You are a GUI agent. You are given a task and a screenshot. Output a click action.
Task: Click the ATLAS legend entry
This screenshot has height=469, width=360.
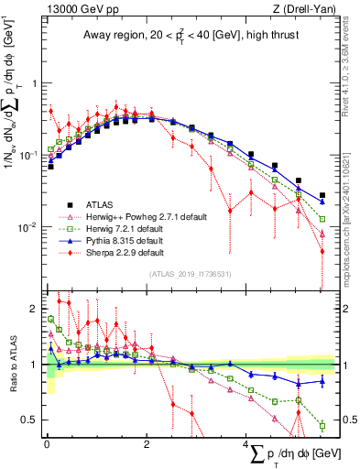pyautogui.click(x=101, y=204)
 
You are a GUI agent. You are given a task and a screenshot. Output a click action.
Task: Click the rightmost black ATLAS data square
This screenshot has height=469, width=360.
pyautogui.click(x=322, y=195)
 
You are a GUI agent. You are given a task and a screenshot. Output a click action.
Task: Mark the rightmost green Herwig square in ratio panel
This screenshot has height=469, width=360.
pyautogui.click(x=322, y=425)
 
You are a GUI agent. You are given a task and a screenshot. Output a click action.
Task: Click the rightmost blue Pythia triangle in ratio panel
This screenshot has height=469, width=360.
pyautogui.click(x=322, y=382)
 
